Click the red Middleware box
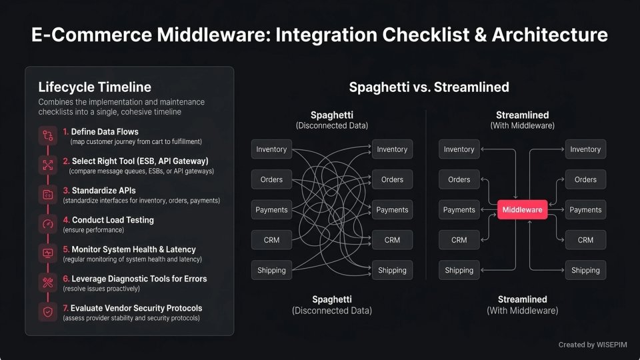[x=522, y=210]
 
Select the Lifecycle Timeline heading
[x=95, y=87]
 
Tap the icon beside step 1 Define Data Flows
[x=48, y=135]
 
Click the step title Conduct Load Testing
[x=108, y=220]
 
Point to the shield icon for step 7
[x=48, y=311]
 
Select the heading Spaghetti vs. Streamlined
[x=429, y=87]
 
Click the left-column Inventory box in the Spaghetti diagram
[x=271, y=149]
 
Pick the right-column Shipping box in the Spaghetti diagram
[x=392, y=270]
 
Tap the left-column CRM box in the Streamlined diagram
[x=459, y=240]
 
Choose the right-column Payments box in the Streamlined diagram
[x=585, y=210]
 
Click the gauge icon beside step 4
[x=48, y=223]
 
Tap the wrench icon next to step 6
[x=48, y=282]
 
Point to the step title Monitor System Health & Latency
[x=129, y=249]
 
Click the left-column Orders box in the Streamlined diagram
[x=459, y=179]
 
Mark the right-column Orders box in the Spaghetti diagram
[x=392, y=179]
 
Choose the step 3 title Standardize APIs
[x=103, y=191]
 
